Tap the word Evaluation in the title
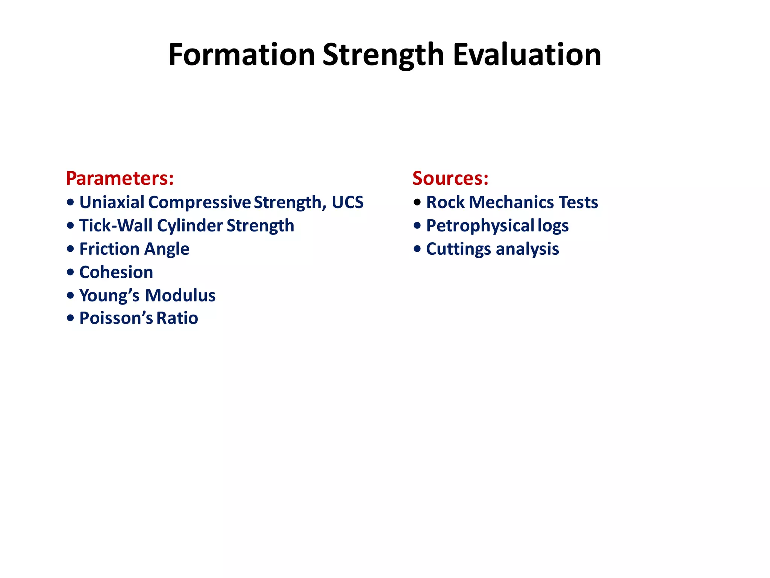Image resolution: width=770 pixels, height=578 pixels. pyautogui.click(x=527, y=55)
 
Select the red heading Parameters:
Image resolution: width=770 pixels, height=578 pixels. pyautogui.click(x=120, y=178)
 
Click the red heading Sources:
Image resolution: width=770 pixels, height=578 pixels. pyautogui.click(x=450, y=178)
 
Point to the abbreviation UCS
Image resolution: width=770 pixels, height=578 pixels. pyautogui.click(x=347, y=202)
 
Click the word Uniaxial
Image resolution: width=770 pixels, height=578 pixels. pyautogui.click(x=112, y=202)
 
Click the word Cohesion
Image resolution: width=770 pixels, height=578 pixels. pyautogui.click(x=116, y=272)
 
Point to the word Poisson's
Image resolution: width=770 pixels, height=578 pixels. pyautogui.click(x=116, y=318)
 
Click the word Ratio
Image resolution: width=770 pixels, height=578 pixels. pyautogui.click(x=177, y=318)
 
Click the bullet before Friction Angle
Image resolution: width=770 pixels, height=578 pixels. pyautogui.click(x=70, y=249)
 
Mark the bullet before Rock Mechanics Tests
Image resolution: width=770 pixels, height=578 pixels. pyautogui.click(x=417, y=202)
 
